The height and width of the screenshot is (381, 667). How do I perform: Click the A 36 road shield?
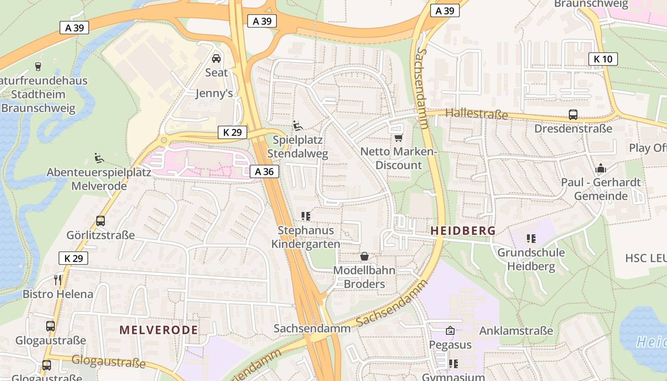(x=264, y=171)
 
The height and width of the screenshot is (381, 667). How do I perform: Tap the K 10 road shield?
(x=603, y=59)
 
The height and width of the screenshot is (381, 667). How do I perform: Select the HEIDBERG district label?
(x=463, y=231)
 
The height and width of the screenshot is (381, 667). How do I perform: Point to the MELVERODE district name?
(x=159, y=330)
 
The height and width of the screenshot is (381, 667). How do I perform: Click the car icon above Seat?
(x=216, y=59)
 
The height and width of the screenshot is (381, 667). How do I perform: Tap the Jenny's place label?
(x=214, y=93)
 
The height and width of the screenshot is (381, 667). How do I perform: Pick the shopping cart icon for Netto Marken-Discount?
(x=398, y=138)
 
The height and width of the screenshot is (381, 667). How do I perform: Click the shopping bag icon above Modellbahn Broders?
(x=364, y=257)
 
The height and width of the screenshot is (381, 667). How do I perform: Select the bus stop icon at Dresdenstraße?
(x=573, y=115)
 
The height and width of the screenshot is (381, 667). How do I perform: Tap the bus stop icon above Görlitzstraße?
(x=100, y=221)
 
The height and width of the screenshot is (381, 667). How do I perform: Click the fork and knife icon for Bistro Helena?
(x=58, y=280)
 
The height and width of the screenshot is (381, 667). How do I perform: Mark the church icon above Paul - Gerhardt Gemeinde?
(x=600, y=169)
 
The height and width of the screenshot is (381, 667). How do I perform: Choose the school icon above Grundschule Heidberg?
(x=531, y=238)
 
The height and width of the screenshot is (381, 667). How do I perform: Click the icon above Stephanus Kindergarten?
(x=306, y=216)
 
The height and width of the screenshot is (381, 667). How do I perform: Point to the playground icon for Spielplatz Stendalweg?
(x=298, y=126)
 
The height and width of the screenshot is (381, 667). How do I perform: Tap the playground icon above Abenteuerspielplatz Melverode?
(x=99, y=158)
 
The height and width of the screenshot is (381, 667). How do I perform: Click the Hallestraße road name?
(x=476, y=114)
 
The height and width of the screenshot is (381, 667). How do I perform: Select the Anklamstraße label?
(x=516, y=331)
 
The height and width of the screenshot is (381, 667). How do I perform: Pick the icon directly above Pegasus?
(x=450, y=330)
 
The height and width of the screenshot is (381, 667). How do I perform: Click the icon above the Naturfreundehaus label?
(x=38, y=66)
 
